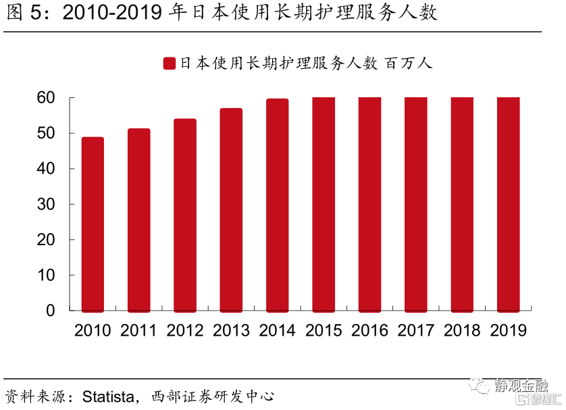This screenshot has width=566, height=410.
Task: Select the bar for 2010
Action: pyautogui.click(x=93, y=224)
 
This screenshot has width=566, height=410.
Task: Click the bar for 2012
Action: pyautogui.click(x=185, y=215)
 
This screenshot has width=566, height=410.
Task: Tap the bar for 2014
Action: pyautogui.click(x=277, y=205)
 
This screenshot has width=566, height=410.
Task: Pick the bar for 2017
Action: pyautogui.click(x=415, y=204)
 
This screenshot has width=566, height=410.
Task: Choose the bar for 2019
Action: pyautogui.click(x=508, y=204)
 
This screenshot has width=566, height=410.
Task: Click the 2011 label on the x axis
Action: pyautogui.click(x=138, y=330)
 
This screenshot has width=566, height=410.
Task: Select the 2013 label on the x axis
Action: pyautogui.click(x=231, y=330)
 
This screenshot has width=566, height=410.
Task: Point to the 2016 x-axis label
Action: pyautogui.click(x=369, y=330)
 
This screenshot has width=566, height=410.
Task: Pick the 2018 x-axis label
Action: pyautogui.click(x=462, y=330)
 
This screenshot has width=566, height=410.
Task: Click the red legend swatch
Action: pyautogui.click(x=170, y=63)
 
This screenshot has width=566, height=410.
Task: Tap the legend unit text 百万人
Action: pyautogui.click(x=408, y=63)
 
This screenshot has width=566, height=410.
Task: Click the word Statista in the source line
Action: pyautogui.click(x=111, y=396)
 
